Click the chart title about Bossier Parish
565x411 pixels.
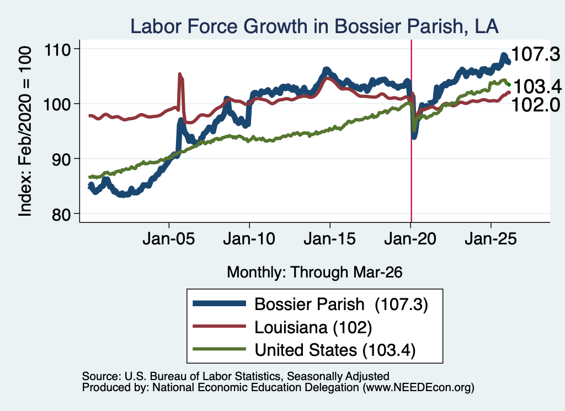click(x=314, y=26)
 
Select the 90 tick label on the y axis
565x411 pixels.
click(x=61, y=159)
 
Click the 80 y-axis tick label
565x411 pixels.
click(x=61, y=214)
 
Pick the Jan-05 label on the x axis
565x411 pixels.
click(x=169, y=239)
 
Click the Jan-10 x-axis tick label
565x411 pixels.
click(x=249, y=239)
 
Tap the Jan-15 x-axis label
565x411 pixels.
click(x=330, y=239)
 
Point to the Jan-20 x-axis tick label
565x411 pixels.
click(x=410, y=239)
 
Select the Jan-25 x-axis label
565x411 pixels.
click(x=491, y=239)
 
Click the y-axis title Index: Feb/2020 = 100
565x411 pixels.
click(x=25, y=131)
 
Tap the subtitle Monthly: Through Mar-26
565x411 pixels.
click(x=315, y=273)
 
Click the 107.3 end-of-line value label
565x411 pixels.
click(x=535, y=55)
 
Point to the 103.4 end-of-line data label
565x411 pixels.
click(x=537, y=87)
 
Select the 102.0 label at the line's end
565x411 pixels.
click(x=535, y=105)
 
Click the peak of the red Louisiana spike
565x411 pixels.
click(x=180, y=74)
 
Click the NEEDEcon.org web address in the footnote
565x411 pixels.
click(x=418, y=388)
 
